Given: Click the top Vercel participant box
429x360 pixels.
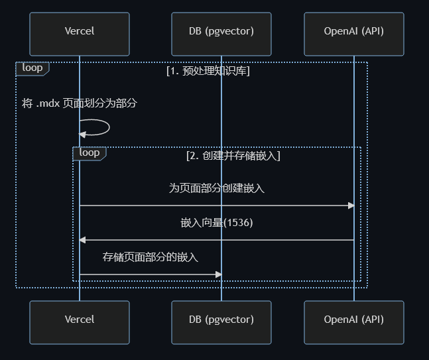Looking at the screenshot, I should click(80, 31).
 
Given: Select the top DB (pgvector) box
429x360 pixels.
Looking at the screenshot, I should click(221, 31).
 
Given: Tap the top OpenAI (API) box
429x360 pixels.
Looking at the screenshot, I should click(353, 31).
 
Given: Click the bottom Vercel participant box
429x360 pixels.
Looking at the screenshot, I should click(80, 320).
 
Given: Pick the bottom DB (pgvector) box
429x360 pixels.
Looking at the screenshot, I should click(221, 320).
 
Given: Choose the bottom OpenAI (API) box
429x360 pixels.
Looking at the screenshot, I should click(353, 320).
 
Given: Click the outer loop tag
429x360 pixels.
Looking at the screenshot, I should click(32, 68).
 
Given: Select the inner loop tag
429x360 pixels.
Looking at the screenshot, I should click(89, 152).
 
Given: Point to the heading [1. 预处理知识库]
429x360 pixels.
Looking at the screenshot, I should click(208, 71).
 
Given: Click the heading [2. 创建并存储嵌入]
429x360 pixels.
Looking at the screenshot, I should click(233, 156).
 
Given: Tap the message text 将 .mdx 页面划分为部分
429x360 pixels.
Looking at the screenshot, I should click(80, 103).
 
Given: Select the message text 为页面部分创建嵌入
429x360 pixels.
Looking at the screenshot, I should click(217, 188).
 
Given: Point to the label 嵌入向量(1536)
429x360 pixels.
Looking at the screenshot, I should click(217, 223).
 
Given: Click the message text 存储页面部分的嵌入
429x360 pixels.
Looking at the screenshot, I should click(151, 257).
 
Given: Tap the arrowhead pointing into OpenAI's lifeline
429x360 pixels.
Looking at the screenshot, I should click(351, 206).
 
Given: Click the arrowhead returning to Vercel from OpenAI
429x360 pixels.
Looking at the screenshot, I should click(83, 239).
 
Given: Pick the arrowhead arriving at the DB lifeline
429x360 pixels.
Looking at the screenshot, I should click(218, 274).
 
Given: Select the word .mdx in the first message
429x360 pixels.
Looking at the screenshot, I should click(47, 104).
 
